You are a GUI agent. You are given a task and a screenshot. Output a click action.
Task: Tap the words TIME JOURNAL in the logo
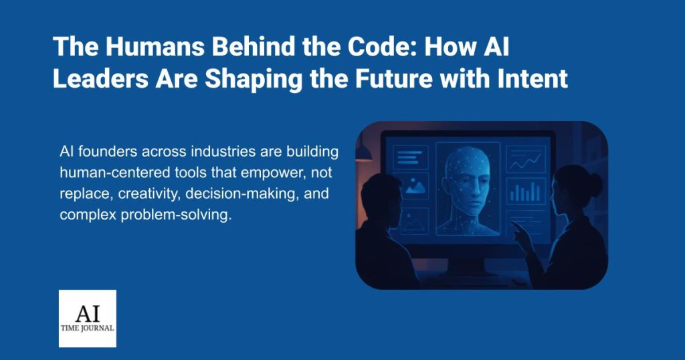click(x=87, y=329)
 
